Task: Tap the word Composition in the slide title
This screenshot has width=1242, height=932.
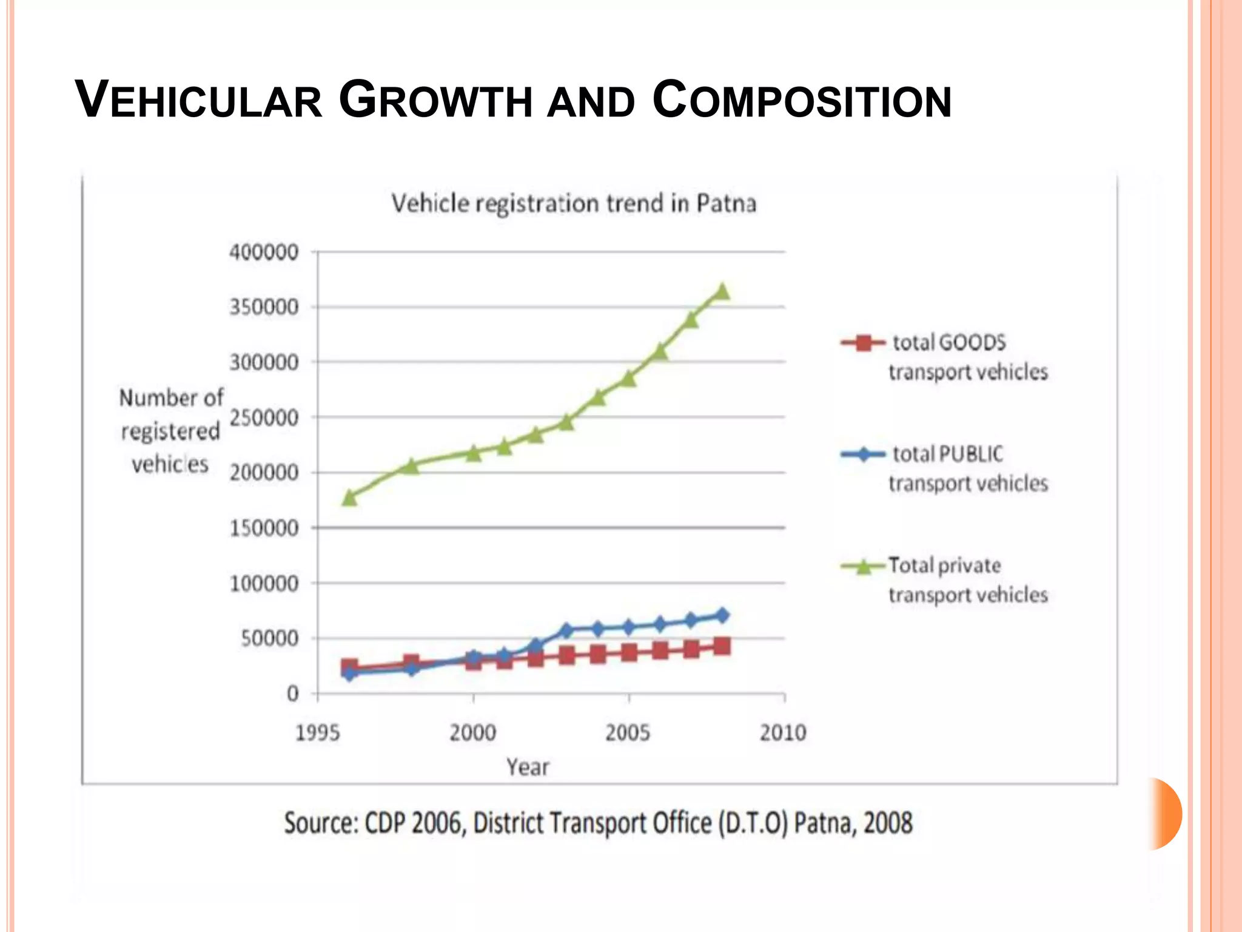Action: point(802,100)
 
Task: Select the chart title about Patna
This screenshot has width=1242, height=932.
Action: point(574,203)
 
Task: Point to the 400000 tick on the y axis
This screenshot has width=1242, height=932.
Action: point(264,252)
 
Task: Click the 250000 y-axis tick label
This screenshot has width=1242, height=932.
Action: point(264,417)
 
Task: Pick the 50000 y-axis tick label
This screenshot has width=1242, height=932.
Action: point(270,638)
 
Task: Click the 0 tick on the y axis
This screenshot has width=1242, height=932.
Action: point(293,694)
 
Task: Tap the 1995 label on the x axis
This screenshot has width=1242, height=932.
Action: point(318,733)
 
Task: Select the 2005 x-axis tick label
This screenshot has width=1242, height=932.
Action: point(628,733)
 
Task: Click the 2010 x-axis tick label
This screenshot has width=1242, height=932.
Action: point(783,733)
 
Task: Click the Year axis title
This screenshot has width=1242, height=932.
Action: point(528,768)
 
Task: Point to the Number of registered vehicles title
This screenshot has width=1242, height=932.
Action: point(171,431)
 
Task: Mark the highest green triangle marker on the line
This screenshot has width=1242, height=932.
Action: point(722,292)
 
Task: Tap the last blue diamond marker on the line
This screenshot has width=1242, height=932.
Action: point(722,615)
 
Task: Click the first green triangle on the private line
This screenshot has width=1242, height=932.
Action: point(349,498)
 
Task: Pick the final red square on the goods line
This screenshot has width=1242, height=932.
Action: point(722,646)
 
